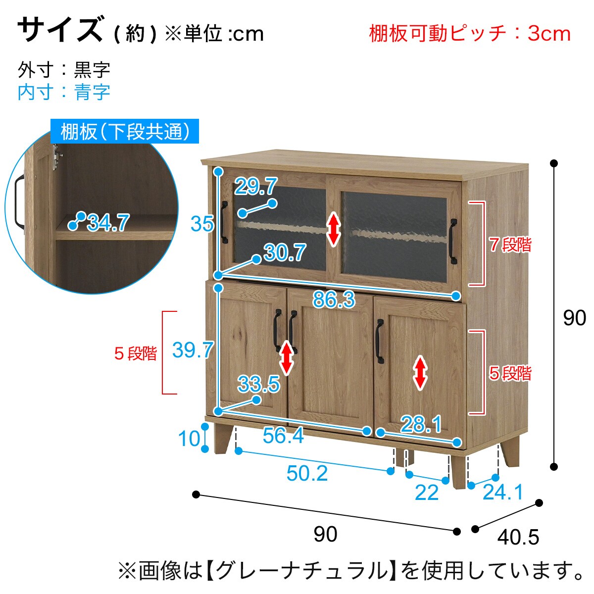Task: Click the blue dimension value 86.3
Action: (334, 299)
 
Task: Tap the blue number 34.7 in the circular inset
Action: (108, 223)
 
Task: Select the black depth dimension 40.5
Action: (518, 537)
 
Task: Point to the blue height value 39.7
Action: (193, 350)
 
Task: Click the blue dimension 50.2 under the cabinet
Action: (307, 473)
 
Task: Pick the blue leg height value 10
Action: (189, 439)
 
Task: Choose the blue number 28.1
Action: (421, 424)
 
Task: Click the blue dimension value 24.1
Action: (503, 492)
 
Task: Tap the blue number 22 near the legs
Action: (427, 493)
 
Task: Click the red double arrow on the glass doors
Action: (334, 230)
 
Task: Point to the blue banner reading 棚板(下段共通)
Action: (125, 131)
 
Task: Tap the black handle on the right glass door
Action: (453, 241)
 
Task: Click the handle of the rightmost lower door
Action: (379, 342)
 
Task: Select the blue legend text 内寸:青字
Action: (64, 92)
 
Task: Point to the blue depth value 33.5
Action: (258, 384)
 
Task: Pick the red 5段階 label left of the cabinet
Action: (136, 353)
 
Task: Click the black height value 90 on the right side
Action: (575, 318)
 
